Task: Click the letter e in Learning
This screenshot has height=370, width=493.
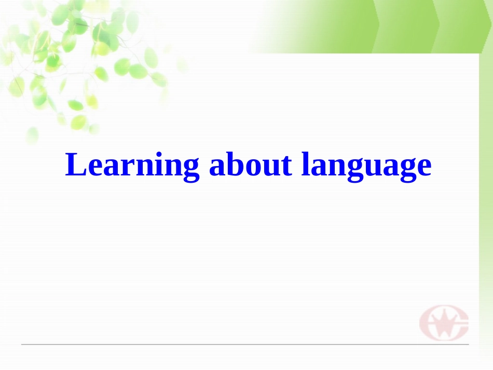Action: pyautogui.click(x=94, y=167)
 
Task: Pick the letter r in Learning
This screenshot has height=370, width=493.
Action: pyautogui.click(x=125, y=167)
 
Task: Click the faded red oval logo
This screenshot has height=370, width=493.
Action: pyautogui.click(x=444, y=322)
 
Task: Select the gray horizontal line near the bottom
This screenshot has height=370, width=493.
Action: pyautogui.click(x=244, y=344)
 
